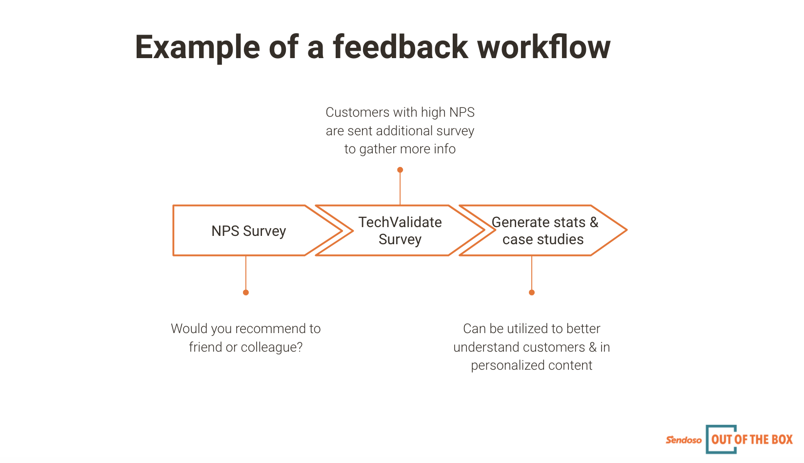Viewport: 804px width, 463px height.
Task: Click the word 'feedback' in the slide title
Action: pyautogui.click(x=401, y=47)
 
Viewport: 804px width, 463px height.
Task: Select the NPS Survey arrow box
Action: pyautogui.click(x=249, y=231)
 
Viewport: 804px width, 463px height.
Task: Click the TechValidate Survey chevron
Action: pyautogui.click(x=400, y=231)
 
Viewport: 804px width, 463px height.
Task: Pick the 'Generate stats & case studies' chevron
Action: pyautogui.click(x=544, y=231)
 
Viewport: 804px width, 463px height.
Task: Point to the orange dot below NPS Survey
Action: pyautogui.click(x=246, y=293)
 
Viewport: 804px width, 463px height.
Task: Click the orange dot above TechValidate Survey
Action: pyautogui.click(x=400, y=170)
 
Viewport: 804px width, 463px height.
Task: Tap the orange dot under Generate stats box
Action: pyautogui.click(x=532, y=293)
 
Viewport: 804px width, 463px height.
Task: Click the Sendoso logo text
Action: pyautogui.click(x=683, y=440)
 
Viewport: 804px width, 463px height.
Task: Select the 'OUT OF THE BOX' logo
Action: pyautogui.click(x=751, y=440)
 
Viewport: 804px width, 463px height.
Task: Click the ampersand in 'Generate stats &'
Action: pyautogui.click(x=594, y=222)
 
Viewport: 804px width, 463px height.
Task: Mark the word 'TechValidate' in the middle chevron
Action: pyautogui.click(x=400, y=222)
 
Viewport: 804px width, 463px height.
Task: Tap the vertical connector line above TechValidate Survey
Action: pyautogui.click(x=400, y=188)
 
